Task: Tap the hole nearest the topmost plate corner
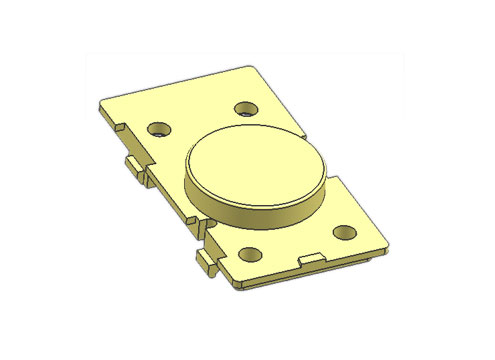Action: [x=245, y=107]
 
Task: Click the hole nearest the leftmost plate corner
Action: [x=157, y=129]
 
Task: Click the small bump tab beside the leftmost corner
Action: [x=119, y=128]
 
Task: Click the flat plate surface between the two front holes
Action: [x=295, y=243]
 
